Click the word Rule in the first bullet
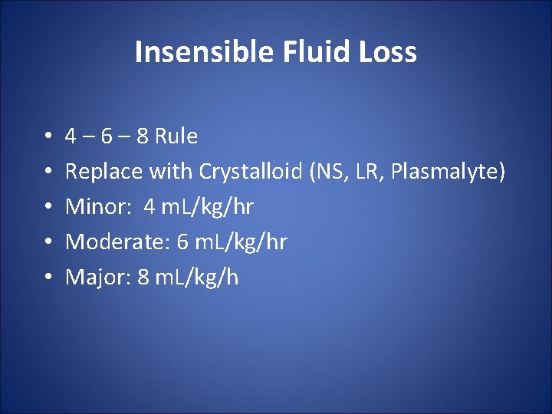click(x=176, y=136)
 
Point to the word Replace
click(x=103, y=172)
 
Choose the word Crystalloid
click(x=251, y=172)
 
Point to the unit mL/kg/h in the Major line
click(x=197, y=278)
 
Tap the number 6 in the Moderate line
click(x=182, y=242)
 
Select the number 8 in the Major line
click(x=143, y=277)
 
